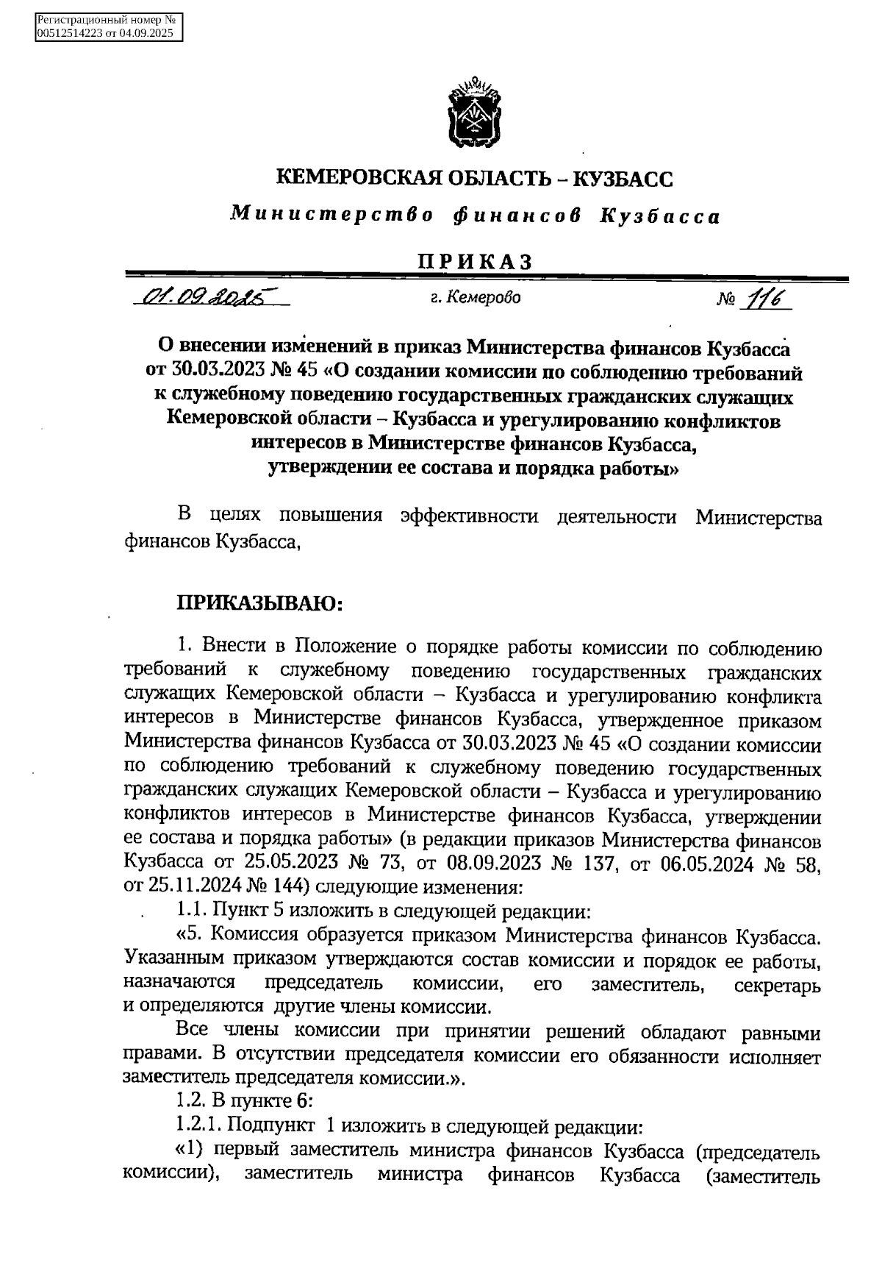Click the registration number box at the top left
[109, 27]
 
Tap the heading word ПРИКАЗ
[474, 261]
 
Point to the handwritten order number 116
[764, 299]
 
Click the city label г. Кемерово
[475, 298]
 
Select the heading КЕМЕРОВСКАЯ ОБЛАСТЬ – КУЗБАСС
[474, 178]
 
